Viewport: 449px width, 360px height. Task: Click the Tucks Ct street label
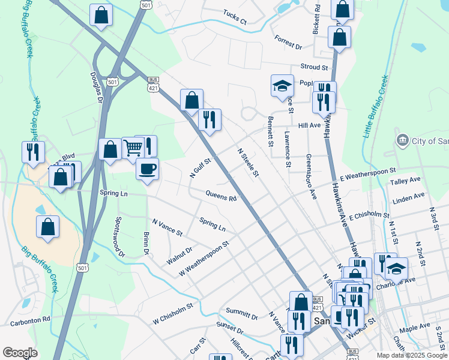(x=235, y=16)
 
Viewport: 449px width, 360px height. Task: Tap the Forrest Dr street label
(x=288, y=42)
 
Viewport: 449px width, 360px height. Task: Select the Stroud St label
(x=315, y=68)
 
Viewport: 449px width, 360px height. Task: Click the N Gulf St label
(x=200, y=168)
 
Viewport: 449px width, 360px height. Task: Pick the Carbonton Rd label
(x=30, y=322)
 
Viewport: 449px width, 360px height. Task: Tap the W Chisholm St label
(x=172, y=313)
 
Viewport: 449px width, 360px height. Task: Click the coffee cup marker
(x=147, y=169)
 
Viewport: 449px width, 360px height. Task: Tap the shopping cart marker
(x=132, y=147)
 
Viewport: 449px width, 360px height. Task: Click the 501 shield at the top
(x=147, y=4)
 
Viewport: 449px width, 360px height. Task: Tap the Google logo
(x=20, y=353)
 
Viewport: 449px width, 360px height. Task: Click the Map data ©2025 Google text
(x=412, y=355)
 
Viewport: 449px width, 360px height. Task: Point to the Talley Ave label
(x=405, y=181)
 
